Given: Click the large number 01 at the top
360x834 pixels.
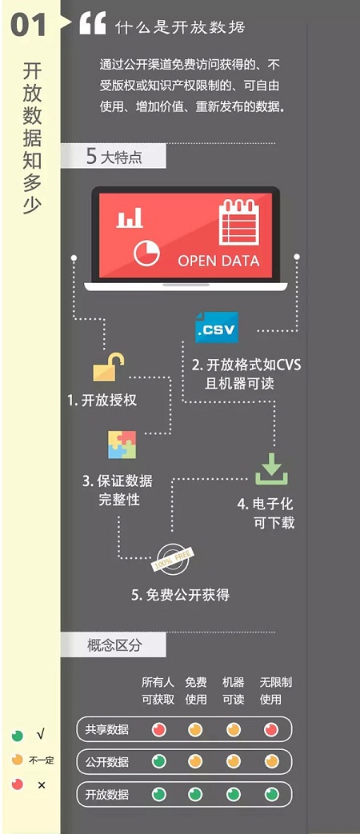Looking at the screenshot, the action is [x=29, y=25].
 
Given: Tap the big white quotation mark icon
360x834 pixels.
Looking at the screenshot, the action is [x=93, y=23].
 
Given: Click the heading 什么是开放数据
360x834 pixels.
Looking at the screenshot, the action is [x=180, y=26].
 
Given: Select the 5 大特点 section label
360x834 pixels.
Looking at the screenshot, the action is [x=114, y=157].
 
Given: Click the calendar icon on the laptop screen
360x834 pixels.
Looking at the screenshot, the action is [x=239, y=221].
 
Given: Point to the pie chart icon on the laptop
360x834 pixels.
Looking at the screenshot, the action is [x=146, y=253].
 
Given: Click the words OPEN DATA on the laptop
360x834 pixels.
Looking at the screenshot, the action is [x=218, y=261].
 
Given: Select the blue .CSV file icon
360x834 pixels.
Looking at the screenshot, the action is [x=217, y=328].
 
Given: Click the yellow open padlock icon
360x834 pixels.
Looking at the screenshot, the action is [x=109, y=368].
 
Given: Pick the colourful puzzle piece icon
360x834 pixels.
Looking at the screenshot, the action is [x=122, y=445].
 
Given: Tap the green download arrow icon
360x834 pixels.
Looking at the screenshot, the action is [x=271, y=469].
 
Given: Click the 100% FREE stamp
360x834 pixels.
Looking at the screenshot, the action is [x=172, y=557].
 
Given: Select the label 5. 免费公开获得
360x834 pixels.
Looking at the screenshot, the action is [x=180, y=595].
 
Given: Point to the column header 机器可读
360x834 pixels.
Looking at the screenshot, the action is [x=234, y=691].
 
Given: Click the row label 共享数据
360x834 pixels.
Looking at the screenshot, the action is [x=107, y=729].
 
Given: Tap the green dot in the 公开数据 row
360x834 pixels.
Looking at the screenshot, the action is [x=159, y=762].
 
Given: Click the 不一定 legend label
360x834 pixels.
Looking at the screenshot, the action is [x=42, y=760].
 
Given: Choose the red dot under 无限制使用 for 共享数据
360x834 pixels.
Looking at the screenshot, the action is [x=271, y=729].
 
